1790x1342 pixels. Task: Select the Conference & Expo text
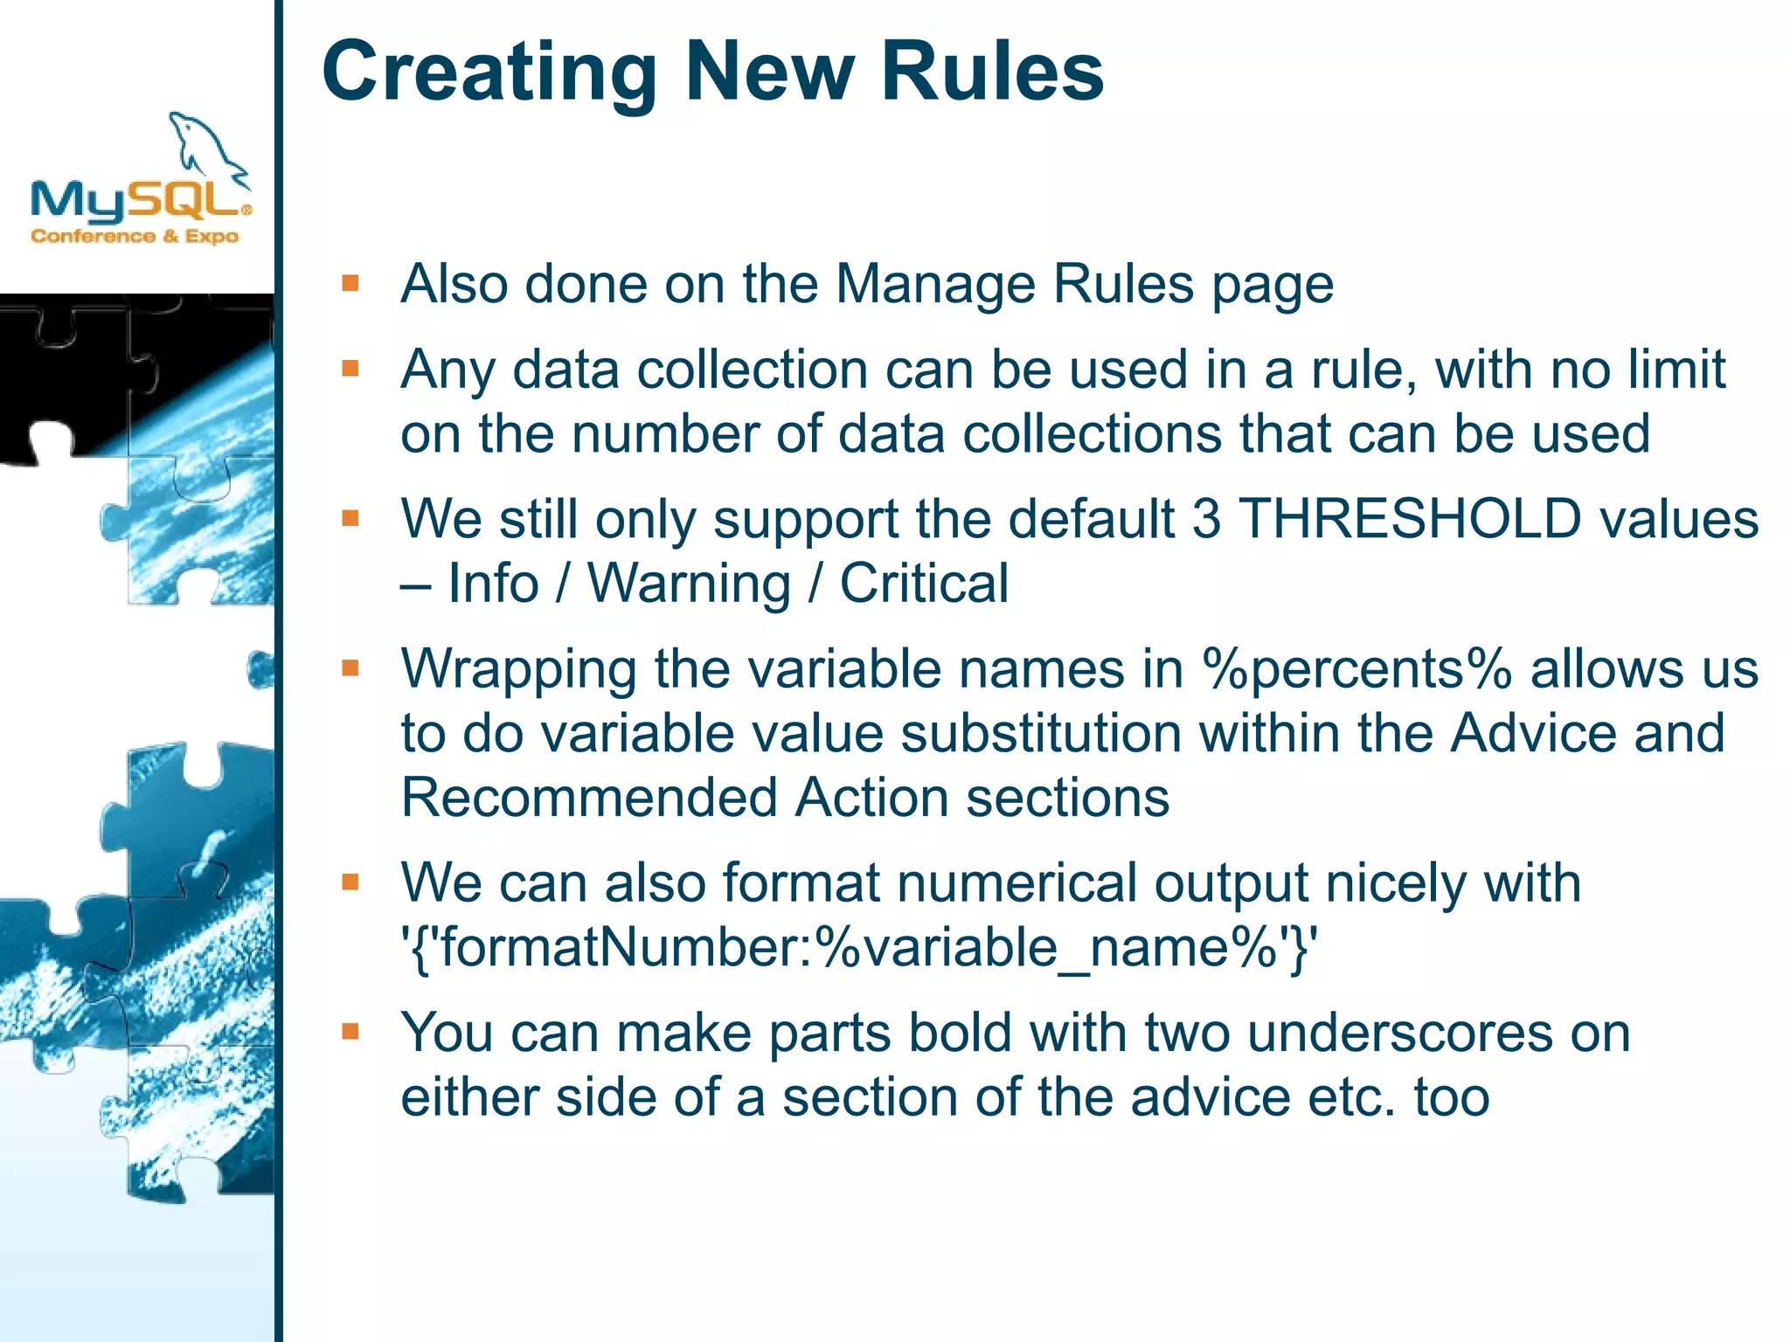(x=135, y=236)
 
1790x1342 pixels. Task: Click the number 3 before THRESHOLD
(x=1206, y=518)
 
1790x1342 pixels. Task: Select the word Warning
(x=689, y=583)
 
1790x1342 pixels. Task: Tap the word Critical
(x=924, y=583)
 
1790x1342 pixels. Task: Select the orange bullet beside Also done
(x=350, y=283)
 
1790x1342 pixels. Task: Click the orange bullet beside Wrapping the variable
(x=350, y=668)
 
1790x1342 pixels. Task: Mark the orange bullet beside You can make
(x=350, y=1032)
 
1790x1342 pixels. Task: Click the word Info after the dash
(x=493, y=583)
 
